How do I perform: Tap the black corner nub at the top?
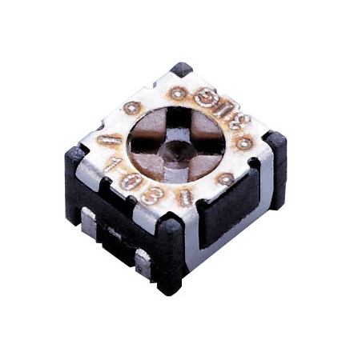(182, 70)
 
